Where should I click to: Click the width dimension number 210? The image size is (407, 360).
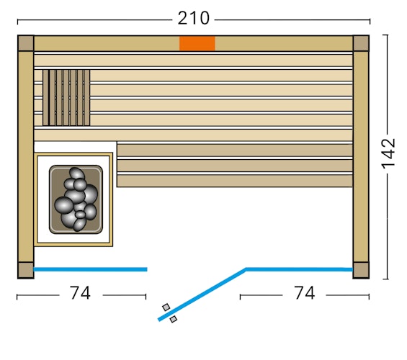[193, 18]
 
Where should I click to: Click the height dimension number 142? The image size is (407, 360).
[388, 153]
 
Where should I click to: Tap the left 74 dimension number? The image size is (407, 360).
[80, 293]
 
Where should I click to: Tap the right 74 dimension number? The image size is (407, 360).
[304, 293]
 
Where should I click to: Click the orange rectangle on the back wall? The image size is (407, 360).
[197, 43]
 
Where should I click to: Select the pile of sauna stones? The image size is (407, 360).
[76, 199]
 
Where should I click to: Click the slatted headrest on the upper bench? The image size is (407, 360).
[66, 97]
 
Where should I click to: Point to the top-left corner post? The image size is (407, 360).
[25, 43]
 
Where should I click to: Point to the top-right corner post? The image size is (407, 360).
[361, 43]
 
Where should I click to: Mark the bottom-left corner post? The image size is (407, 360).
[25, 270]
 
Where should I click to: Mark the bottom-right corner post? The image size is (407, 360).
[361, 270]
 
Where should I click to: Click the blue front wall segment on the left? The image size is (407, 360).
[90, 269]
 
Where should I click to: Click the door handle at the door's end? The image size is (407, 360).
[169, 313]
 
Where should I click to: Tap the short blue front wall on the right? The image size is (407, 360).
[299, 269]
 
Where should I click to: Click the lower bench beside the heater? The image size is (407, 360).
[235, 165]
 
